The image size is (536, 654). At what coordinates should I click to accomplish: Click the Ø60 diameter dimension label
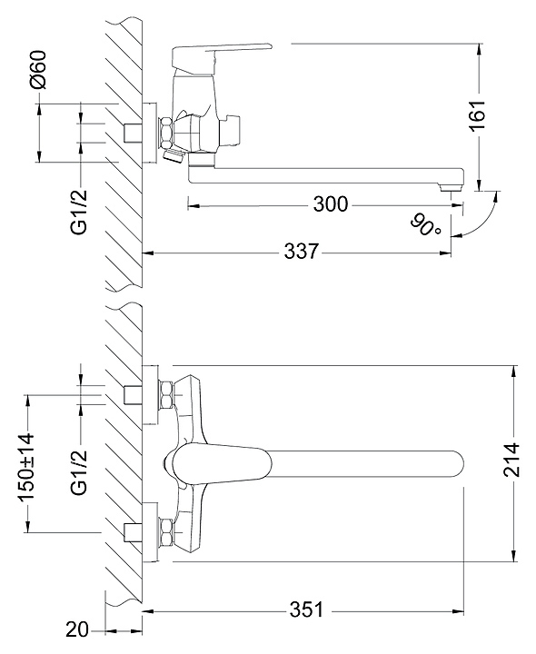pos(38,69)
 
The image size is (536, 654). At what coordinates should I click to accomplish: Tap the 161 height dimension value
pos(478,115)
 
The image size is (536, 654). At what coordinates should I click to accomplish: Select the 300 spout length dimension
pos(330,204)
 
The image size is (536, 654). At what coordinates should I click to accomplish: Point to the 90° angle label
pos(425,224)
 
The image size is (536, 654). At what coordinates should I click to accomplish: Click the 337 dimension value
pos(302,252)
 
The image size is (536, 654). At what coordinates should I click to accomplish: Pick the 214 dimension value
pos(511,460)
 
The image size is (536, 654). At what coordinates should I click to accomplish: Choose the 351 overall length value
pos(306,609)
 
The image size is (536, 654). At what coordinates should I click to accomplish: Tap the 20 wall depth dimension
pos(77,629)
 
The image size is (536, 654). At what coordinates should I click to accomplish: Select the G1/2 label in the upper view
pos(79,212)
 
